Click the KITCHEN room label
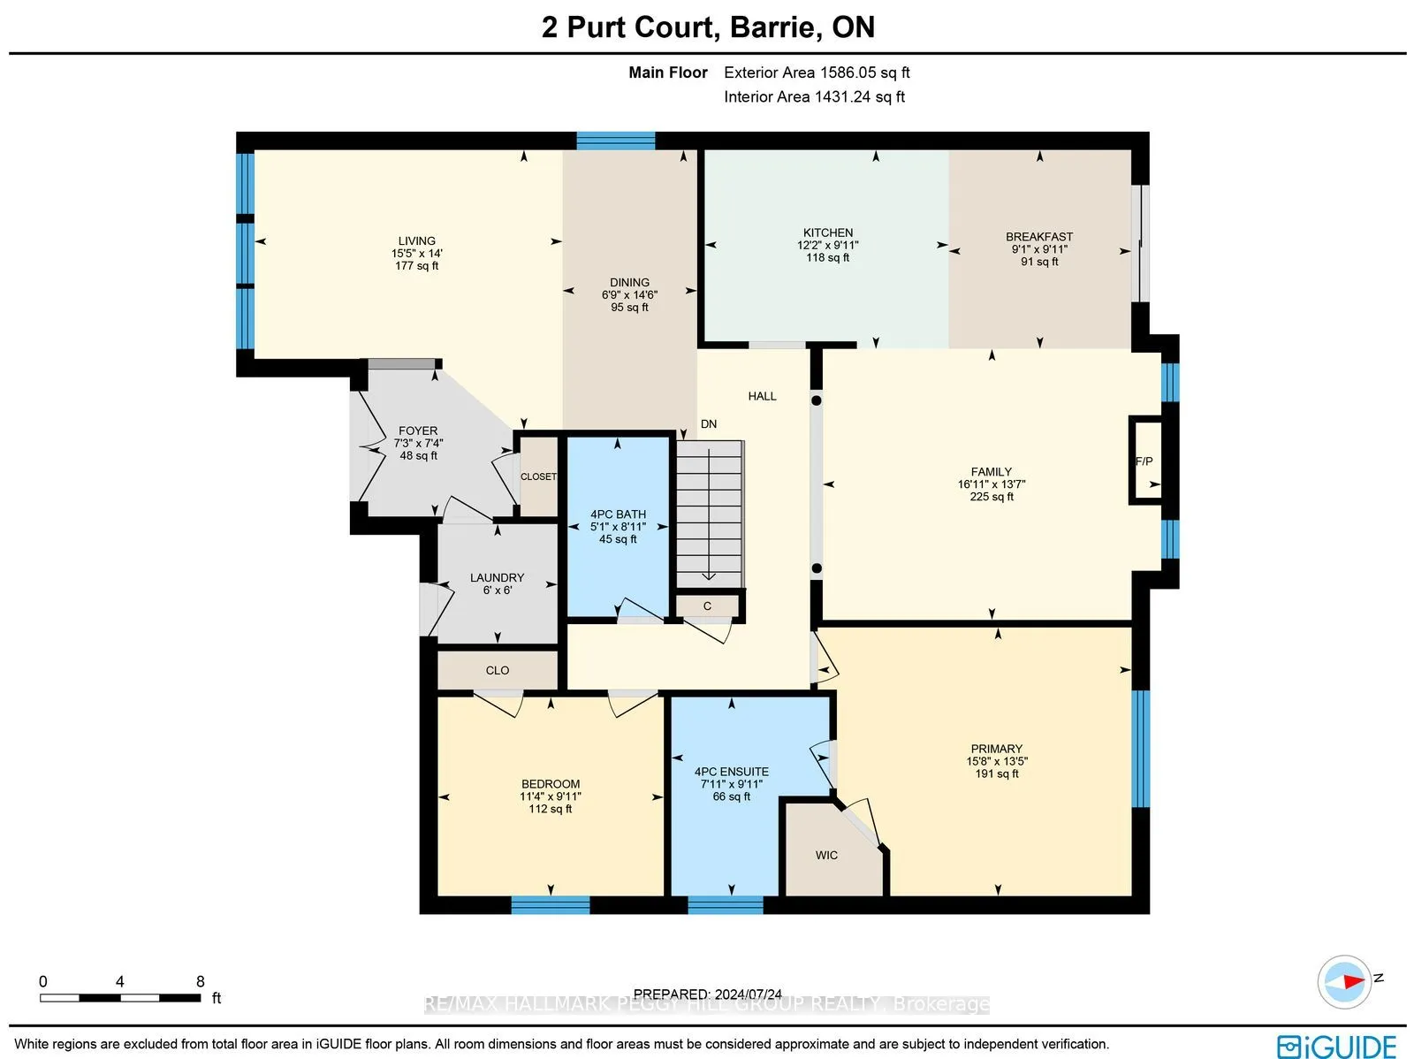(828, 232)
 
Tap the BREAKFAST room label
(1039, 237)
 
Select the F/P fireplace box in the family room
(1145, 461)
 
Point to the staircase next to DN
(710, 514)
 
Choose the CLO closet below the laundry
(498, 670)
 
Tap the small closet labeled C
(707, 606)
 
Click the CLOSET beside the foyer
(538, 476)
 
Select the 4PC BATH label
(618, 514)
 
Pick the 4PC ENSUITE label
(731, 772)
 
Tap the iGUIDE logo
(1336, 1046)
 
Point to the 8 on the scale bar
(201, 981)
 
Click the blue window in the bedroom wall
(551, 905)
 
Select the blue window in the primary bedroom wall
(1140, 749)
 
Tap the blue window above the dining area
(615, 141)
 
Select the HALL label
(762, 396)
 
